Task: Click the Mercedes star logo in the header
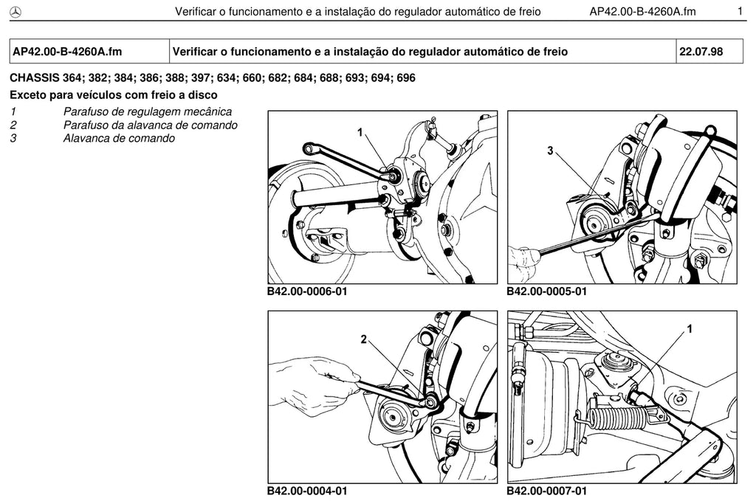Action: pos(16,13)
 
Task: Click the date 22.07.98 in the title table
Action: pos(701,52)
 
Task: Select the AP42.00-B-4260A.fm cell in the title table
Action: pos(89,52)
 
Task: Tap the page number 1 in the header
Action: pos(740,11)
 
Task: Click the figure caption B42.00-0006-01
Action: pos(307,291)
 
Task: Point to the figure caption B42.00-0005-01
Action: pos(547,291)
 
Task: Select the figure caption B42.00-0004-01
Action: pos(307,491)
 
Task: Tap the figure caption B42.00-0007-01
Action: pos(547,491)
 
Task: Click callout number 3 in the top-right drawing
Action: pos(550,151)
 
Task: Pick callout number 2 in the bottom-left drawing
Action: pos(363,339)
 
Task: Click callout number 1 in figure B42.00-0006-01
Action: pos(360,131)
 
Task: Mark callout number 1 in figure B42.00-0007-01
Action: pos(690,328)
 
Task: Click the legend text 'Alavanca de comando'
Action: pos(119,139)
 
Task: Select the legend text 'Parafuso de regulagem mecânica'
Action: pos(148,111)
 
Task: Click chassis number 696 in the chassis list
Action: pos(406,78)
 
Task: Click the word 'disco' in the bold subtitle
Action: pos(204,95)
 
